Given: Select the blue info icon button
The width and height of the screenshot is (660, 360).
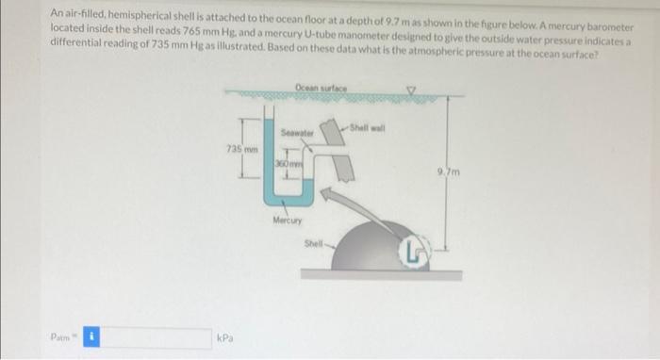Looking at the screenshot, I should point(91,336).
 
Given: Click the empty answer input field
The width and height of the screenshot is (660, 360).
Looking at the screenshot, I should point(156,336).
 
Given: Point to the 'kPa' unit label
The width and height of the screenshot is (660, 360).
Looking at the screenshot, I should point(225,336).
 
